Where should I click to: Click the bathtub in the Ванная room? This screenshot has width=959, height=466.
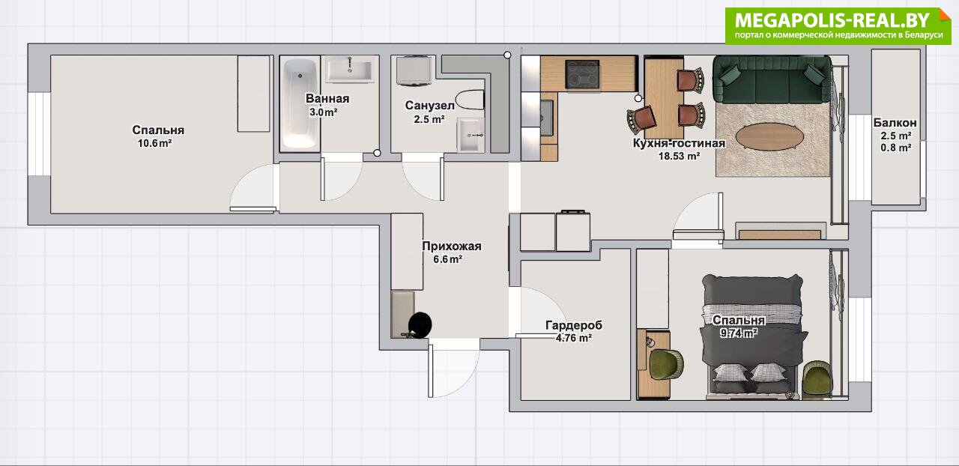[300, 103]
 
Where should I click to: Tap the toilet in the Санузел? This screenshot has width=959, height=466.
[469, 100]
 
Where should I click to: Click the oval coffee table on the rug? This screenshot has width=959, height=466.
[769, 137]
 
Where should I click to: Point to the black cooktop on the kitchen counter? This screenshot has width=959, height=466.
[582, 74]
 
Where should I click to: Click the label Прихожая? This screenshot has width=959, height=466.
[452, 246]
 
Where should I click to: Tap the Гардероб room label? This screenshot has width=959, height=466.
[574, 325]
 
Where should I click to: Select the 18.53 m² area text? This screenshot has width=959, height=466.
[680, 157]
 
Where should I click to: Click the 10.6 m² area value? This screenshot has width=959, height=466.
[154, 144]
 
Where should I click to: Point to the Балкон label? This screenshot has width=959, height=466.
[895, 123]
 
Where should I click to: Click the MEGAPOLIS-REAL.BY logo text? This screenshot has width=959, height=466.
[832, 20]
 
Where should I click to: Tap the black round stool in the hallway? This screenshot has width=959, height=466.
[420, 324]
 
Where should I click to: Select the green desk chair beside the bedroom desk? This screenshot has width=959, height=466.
[666, 365]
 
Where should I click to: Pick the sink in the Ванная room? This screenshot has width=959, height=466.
[351, 70]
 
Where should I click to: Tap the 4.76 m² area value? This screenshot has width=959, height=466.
[574, 338]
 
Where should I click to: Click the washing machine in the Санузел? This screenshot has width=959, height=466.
[413, 70]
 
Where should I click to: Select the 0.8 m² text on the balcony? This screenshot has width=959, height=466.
[895, 148]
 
